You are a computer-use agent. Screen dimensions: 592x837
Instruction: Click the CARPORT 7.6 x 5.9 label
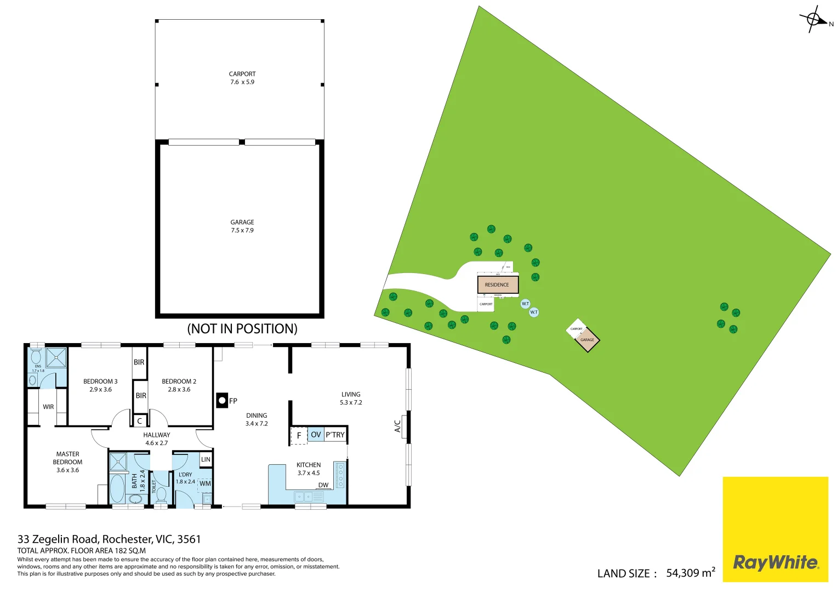tap(242, 78)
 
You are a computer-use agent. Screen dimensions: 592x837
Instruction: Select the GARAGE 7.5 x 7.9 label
tap(242, 226)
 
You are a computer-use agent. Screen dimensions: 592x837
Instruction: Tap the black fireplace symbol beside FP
tap(222, 401)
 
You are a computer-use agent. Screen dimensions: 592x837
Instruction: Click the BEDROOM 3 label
tap(100, 385)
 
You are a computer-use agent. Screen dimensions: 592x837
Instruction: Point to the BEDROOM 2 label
tap(179, 385)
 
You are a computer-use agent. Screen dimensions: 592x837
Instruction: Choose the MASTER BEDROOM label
tap(67, 462)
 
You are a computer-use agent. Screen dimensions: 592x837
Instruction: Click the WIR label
tap(48, 407)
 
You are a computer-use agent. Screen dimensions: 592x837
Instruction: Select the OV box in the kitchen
tap(316, 435)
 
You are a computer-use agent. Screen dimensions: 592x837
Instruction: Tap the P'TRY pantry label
tap(335, 435)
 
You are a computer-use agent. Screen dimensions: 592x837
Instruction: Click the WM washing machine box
tap(205, 483)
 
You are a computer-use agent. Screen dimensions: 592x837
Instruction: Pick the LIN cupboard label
tap(206, 459)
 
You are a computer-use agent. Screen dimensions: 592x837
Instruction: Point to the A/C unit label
tap(398, 426)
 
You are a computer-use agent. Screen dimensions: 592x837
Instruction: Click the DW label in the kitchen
tap(323, 485)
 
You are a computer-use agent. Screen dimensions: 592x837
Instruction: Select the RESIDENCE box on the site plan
tap(497, 284)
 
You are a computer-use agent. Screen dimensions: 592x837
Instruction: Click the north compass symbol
tap(815, 20)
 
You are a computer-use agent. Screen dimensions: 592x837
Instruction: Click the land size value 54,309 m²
tap(691, 573)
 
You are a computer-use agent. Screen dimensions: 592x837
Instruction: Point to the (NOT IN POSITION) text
tap(242, 328)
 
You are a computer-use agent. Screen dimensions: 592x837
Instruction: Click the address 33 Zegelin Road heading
tap(109, 539)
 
